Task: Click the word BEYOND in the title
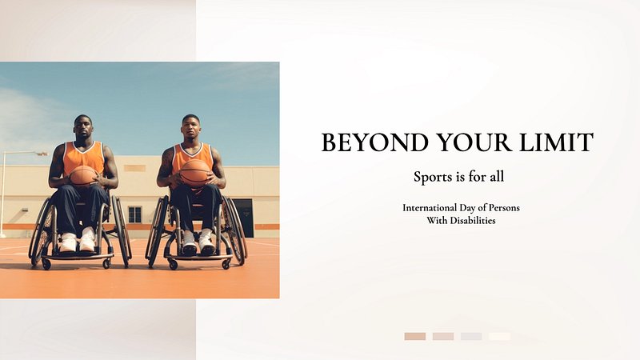click(374, 142)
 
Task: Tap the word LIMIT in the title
click(556, 142)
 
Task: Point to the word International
click(430, 207)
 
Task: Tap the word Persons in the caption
click(504, 207)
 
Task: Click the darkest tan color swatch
click(415, 336)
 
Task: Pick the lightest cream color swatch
click(499, 336)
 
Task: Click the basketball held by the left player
click(83, 176)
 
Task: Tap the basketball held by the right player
click(194, 173)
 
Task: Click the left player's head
click(83, 128)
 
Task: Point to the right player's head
click(191, 127)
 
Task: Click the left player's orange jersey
click(84, 157)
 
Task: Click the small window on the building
click(134, 214)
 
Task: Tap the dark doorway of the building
click(243, 218)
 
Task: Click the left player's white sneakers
click(78, 241)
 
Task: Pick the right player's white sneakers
click(198, 242)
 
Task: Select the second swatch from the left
click(443, 336)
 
